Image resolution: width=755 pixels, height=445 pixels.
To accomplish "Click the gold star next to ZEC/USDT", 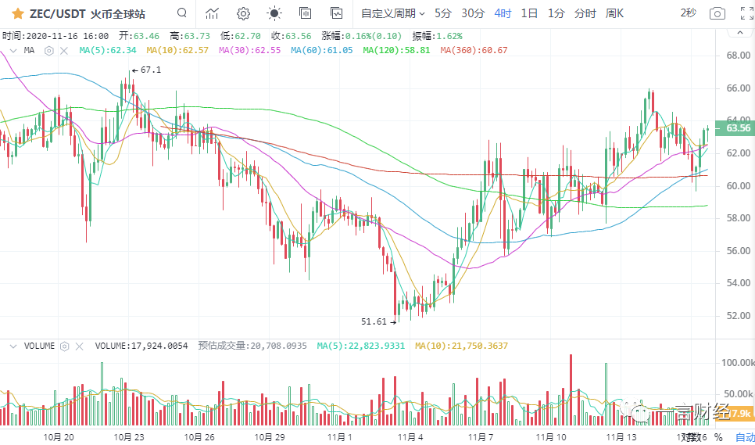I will [16, 13].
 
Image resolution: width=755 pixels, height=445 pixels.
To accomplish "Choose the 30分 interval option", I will [472, 13].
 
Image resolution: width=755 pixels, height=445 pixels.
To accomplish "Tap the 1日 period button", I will [529, 13].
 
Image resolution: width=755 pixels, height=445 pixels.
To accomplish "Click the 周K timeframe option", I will [614, 13].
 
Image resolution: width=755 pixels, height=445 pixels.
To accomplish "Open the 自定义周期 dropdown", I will [392, 13].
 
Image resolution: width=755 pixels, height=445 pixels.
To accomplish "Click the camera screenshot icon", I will [717, 13].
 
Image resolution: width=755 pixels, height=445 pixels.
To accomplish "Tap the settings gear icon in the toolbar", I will [243, 13].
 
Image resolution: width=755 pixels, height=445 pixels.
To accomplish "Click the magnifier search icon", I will [182, 13].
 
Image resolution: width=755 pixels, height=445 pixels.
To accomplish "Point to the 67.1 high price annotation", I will [150, 70].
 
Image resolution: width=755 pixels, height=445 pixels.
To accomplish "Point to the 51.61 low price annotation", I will [374, 321].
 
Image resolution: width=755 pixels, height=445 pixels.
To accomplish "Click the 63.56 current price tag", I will [738, 128].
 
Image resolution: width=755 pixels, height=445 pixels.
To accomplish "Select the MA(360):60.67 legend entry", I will [474, 50].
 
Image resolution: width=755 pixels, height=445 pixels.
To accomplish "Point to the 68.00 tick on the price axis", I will [738, 56].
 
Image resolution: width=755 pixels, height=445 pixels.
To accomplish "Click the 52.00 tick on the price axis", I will [738, 315].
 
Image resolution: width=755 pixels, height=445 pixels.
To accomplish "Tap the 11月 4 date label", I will [410, 437].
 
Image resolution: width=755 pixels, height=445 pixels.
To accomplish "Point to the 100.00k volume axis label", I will [737, 362].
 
